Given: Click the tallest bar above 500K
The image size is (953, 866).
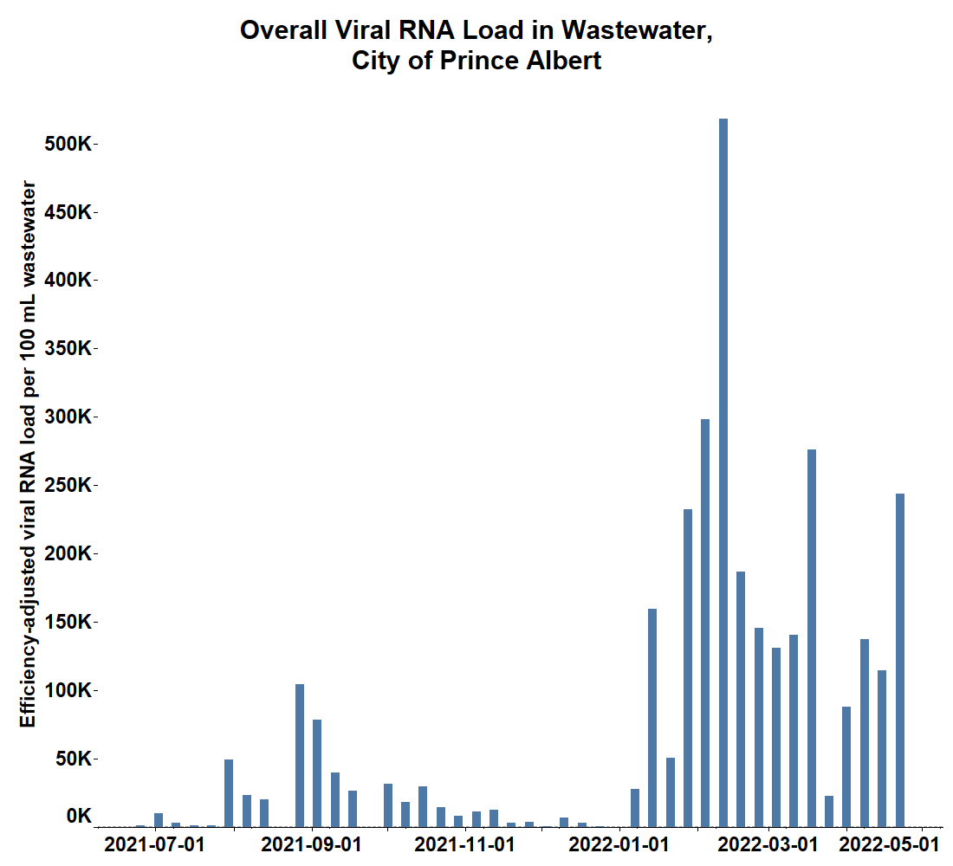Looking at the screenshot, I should click(x=723, y=472).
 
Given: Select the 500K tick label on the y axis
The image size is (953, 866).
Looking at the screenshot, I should click(x=68, y=143).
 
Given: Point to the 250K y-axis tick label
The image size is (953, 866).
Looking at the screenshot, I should click(x=68, y=485).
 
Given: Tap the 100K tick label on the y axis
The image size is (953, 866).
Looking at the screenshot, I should click(x=68, y=690).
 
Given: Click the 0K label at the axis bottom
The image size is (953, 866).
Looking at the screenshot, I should click(x=78, y=816).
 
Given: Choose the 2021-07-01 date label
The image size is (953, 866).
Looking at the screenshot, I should click(x=154, y=843).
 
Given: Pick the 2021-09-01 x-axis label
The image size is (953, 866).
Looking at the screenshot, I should click(x=311, y=843).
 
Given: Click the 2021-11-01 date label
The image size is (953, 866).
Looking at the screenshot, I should click(x=466, y=843).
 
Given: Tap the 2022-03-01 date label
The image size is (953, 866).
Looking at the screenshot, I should click(x=769, y=843).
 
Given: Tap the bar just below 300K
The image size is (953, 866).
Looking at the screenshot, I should click(x=705, y=623).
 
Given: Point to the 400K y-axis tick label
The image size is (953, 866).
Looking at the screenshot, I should click(x=68, y=280).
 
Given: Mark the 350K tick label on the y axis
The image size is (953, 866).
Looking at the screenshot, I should click(x=68, y=348).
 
